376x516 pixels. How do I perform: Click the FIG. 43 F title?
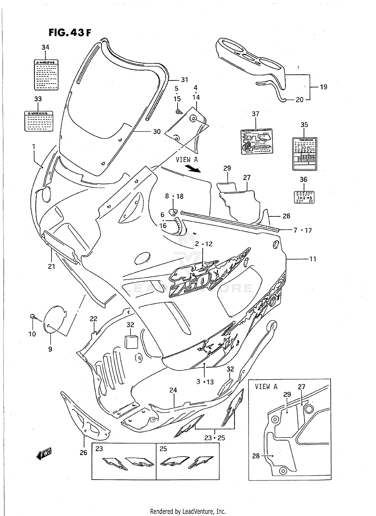click(x=69, y=33)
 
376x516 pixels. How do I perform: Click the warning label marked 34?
click(x=46, y=75)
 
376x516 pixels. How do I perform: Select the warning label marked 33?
click(x=39, y=121)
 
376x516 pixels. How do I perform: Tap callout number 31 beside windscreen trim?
click(x=184, y=80)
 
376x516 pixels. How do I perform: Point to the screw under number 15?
click(x=179, y=112)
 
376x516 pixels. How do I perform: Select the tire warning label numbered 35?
click(x=305, y=154)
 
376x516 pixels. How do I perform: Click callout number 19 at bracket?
click(x=324, y=87)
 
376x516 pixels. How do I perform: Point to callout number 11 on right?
click(x=313, y=259)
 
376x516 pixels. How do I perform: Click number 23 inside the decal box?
click(x=99, y=449)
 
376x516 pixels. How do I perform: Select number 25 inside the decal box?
click(x=163, y=449)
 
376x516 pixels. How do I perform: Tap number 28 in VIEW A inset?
click(x=256, y=456)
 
